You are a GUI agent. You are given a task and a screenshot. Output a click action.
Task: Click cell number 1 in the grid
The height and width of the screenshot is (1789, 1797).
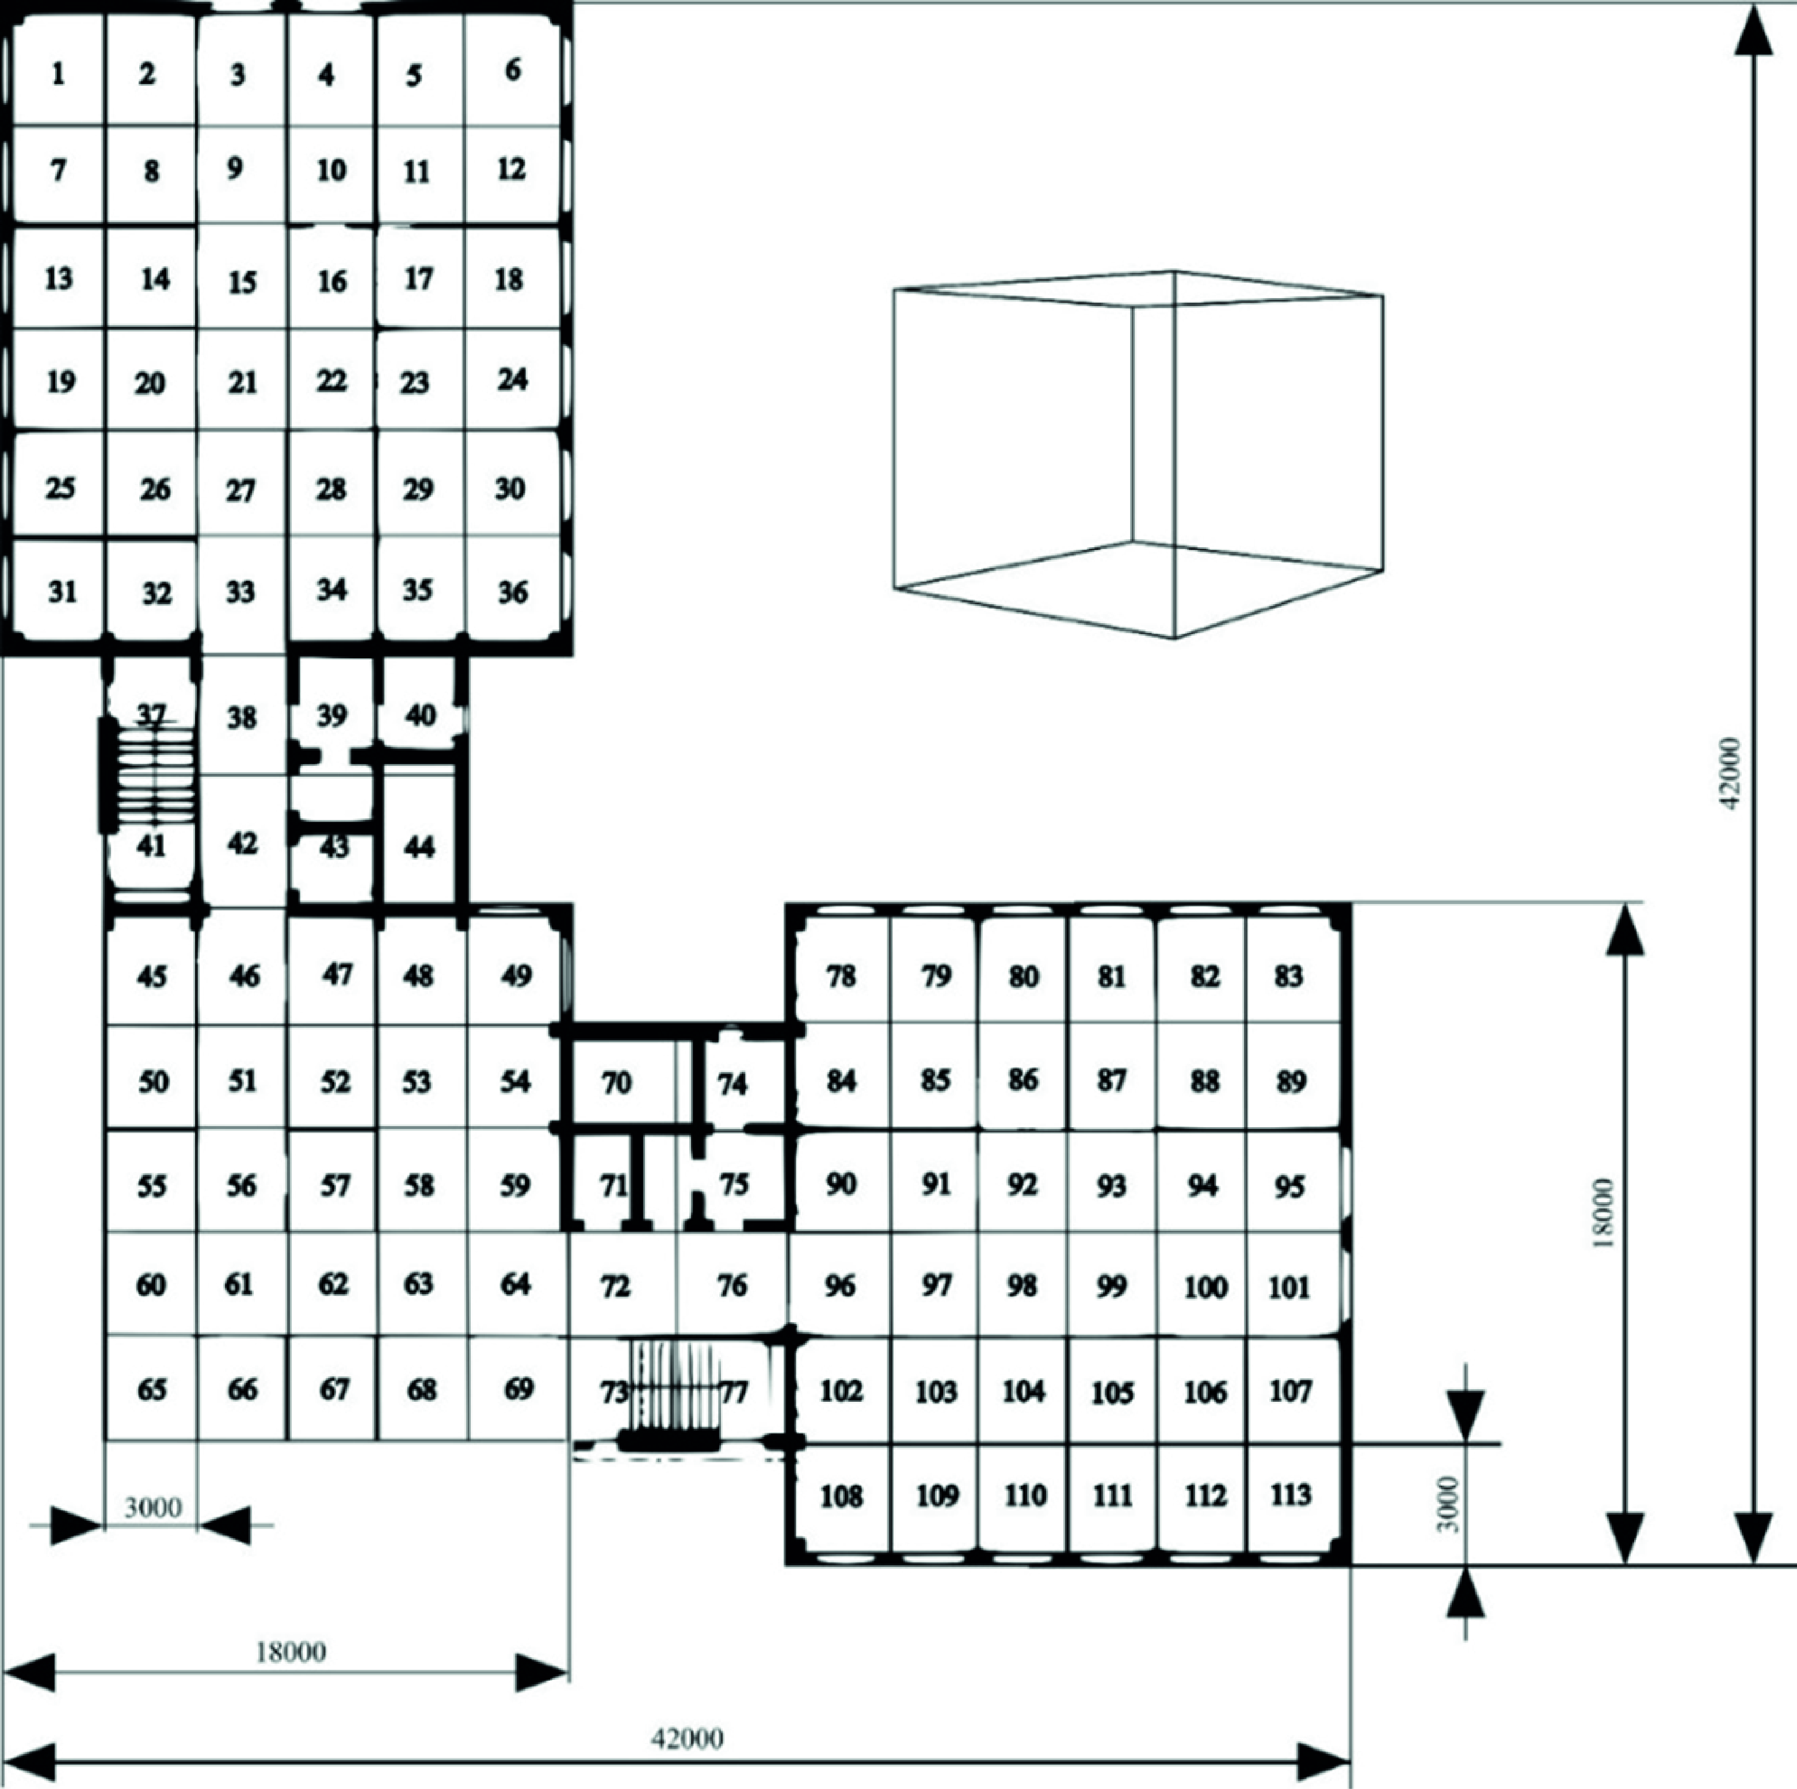58,73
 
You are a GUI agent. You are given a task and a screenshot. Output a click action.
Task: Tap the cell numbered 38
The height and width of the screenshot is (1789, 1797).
242,716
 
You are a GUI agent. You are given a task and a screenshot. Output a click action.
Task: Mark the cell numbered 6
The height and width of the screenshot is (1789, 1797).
513,71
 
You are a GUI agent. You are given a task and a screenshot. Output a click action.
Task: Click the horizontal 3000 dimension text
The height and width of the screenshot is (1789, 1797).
152,1507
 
